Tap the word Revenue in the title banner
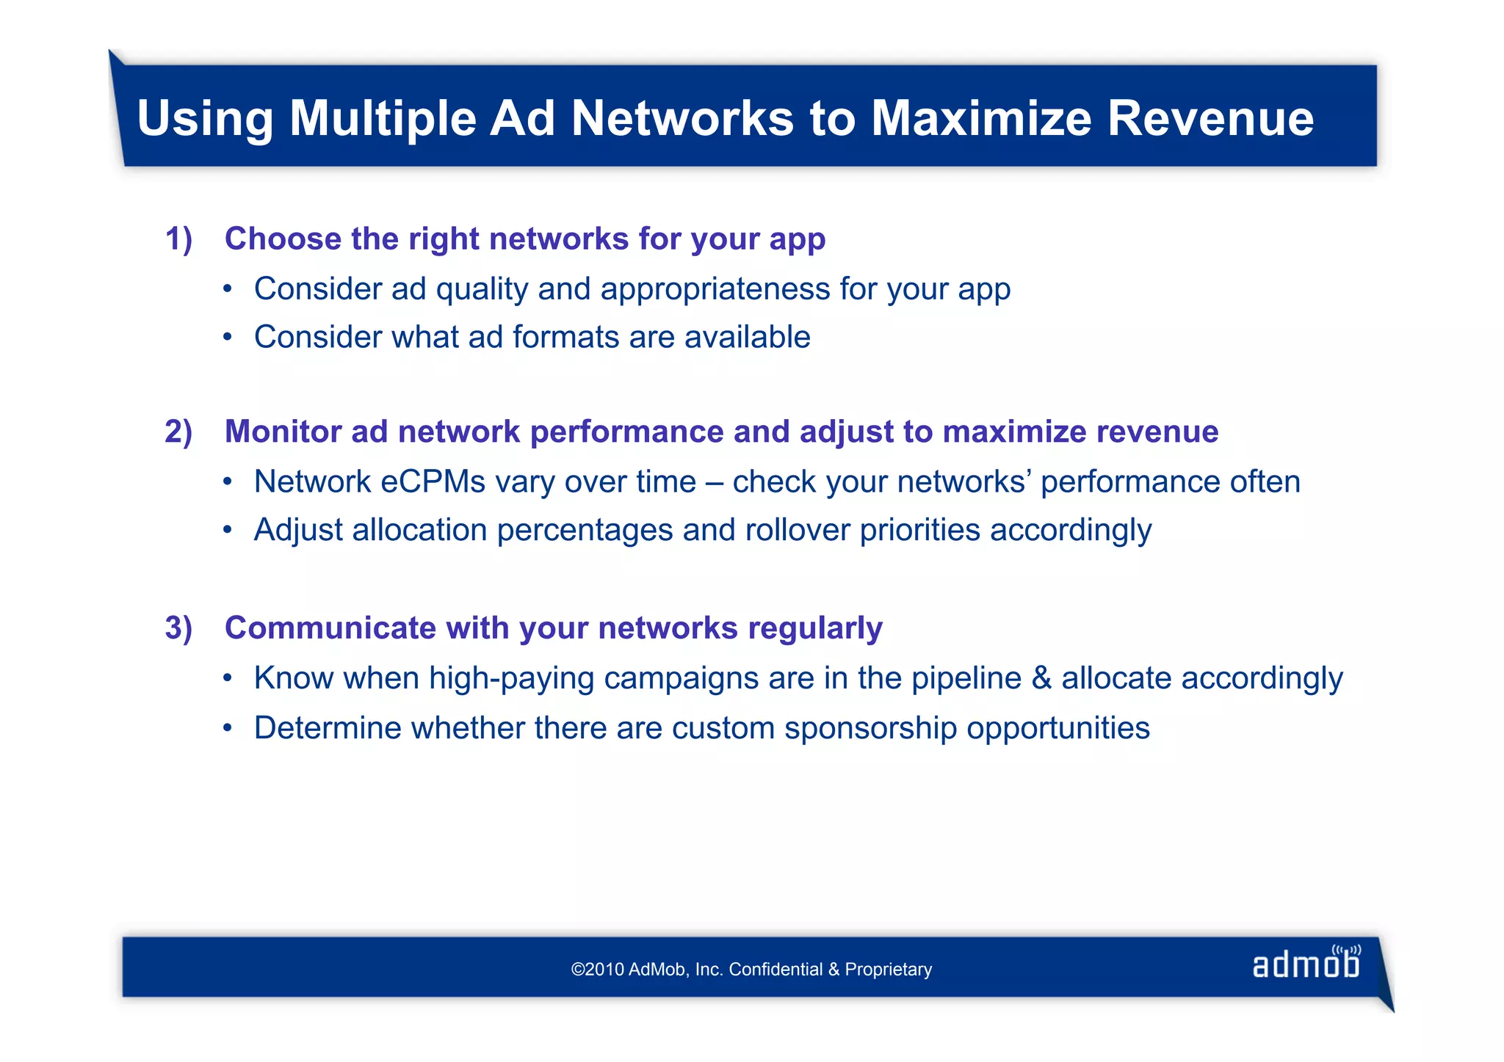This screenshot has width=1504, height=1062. [x=1210, y=118]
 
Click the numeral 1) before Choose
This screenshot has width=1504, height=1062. [x=178, y=239]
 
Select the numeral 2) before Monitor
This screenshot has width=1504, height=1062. [x=178, y=432]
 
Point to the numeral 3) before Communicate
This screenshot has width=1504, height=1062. [x=178, y=628]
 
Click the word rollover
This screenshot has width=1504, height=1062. [x=797, y=530]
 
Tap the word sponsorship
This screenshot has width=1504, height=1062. [x=870, y=729]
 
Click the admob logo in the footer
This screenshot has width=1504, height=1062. [x=1306, y=964]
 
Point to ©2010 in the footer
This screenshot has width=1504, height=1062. [x=597, y=970]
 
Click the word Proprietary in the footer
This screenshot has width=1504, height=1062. [x=888, y=970]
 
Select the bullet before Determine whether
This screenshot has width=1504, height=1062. [x=228, y=728]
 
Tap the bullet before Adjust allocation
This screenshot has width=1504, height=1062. [x=228, y=529]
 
